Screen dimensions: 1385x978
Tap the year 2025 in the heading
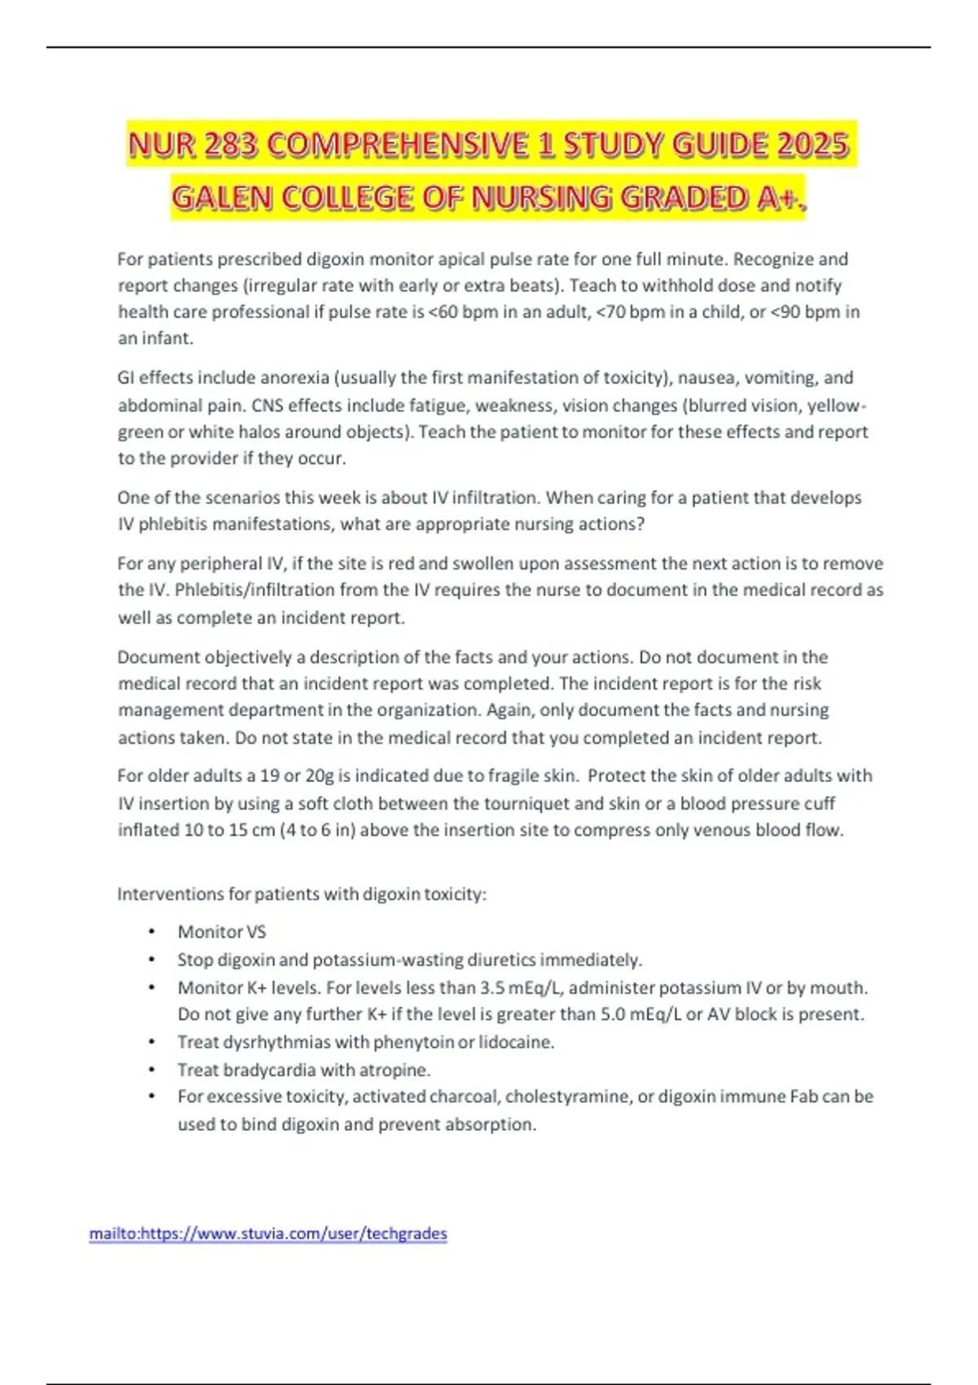click(813, 145)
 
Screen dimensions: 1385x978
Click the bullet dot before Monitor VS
click(152, 932)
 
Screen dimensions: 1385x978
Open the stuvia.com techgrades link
click(268, 1233)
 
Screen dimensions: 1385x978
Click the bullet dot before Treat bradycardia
click(152, 1070)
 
